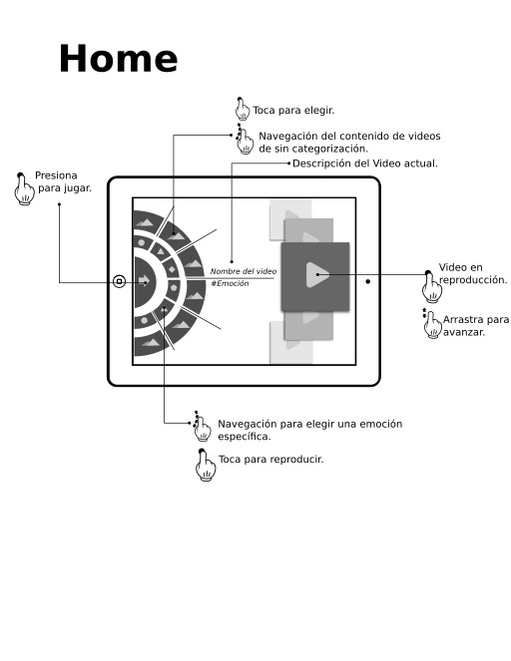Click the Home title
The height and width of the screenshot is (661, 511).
(118, 59)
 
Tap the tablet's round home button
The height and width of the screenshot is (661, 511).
(120, 281)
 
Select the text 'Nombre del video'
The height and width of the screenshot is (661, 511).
(244, 271)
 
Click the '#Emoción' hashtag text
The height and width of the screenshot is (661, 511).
(230, 284)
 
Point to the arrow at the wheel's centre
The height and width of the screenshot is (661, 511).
(144, 281)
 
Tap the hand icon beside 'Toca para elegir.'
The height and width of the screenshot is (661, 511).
(242, 109)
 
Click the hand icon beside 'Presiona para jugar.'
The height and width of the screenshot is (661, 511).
(25, 189)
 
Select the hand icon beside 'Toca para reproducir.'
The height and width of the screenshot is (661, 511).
(205, 465)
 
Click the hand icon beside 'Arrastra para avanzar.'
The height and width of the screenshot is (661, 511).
(432, 324)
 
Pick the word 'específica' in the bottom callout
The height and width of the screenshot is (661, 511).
(243, 437)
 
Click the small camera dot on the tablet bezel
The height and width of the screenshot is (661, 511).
(368, 281)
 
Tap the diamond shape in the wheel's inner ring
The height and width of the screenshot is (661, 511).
(172, 269)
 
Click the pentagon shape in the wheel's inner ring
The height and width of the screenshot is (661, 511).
(173, 288)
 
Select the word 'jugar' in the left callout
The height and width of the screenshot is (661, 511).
(77, 188)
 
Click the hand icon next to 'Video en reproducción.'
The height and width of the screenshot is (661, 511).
(432, 287)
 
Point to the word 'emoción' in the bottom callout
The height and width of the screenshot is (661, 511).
(381, 424)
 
